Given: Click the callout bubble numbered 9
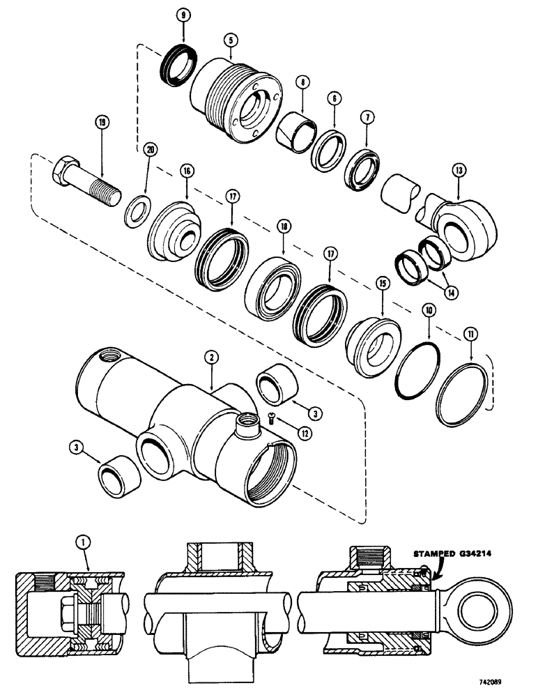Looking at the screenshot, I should click(x=183, y=13).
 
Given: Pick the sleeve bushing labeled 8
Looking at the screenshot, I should click(x=295, y=128).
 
